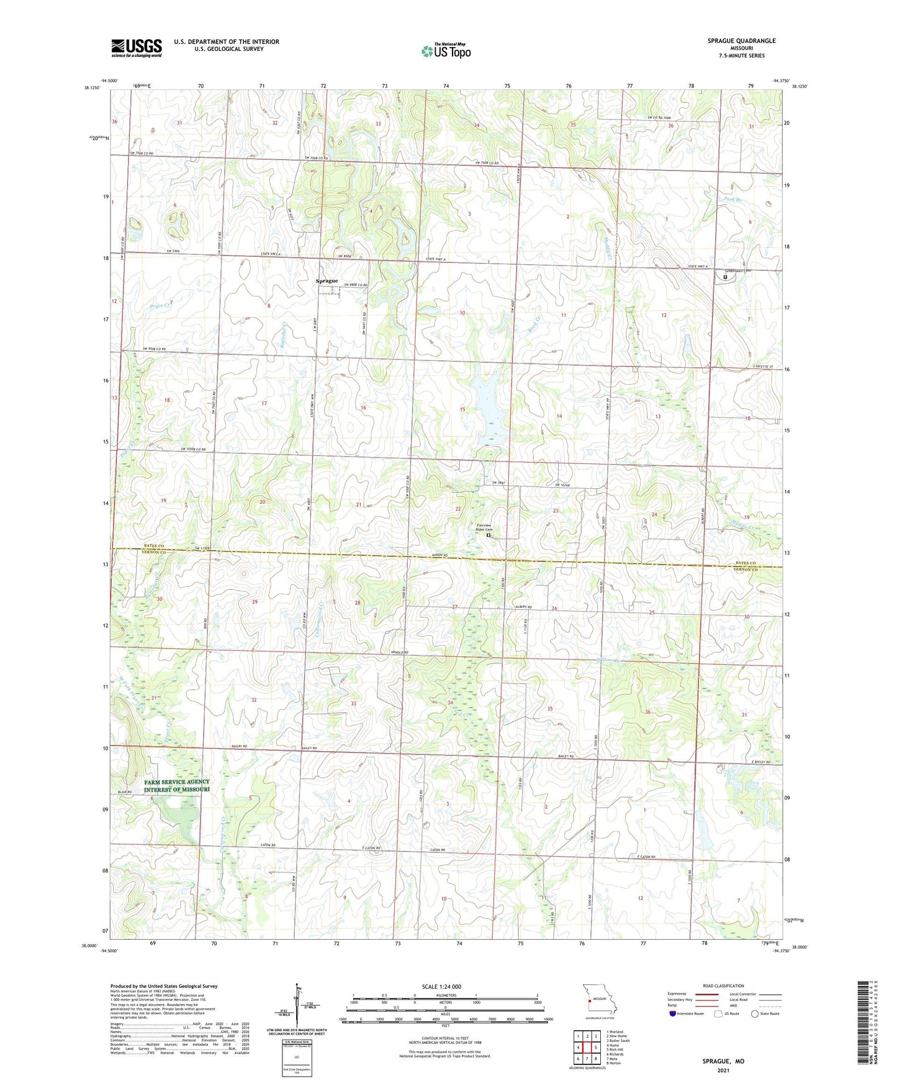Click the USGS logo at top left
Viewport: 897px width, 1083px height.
click(x=137, y=48)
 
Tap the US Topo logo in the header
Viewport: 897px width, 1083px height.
click(x=446, y=51)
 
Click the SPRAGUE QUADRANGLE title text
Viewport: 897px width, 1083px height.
click(x=741, y=41)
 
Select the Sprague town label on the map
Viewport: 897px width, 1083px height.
click(x=327, y=281)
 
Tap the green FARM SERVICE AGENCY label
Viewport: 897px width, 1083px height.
click(x=177, y=782)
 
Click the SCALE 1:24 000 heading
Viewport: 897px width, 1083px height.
click(x=441, y=986)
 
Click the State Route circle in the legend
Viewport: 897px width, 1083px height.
click(x=755, y=1014)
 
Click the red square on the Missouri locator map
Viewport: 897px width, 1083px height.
click(x=590, y=999)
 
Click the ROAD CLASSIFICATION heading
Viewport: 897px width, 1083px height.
click(x=723, y=986)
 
